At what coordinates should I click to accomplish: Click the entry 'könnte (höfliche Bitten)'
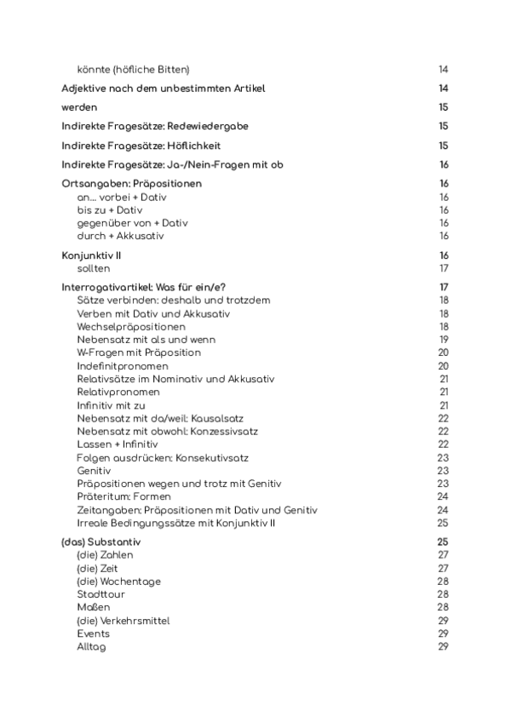(x=133, y=69)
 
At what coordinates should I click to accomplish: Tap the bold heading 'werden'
(x=79, y=107)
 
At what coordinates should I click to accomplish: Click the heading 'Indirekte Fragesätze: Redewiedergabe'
(x=155, y=126)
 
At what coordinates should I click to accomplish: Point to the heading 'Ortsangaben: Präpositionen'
(x=132, y=183)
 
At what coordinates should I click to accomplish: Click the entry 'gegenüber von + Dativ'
(x=132, y=223)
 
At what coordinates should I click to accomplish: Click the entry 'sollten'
(x=94, y=268)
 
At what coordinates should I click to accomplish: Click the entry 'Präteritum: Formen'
(x=123, y=496)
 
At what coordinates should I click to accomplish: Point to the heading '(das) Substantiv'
(x=101, y=541)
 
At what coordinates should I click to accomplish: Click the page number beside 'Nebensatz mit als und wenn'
(x=443, y=340)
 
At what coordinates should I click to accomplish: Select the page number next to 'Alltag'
(x=443, y=647)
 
